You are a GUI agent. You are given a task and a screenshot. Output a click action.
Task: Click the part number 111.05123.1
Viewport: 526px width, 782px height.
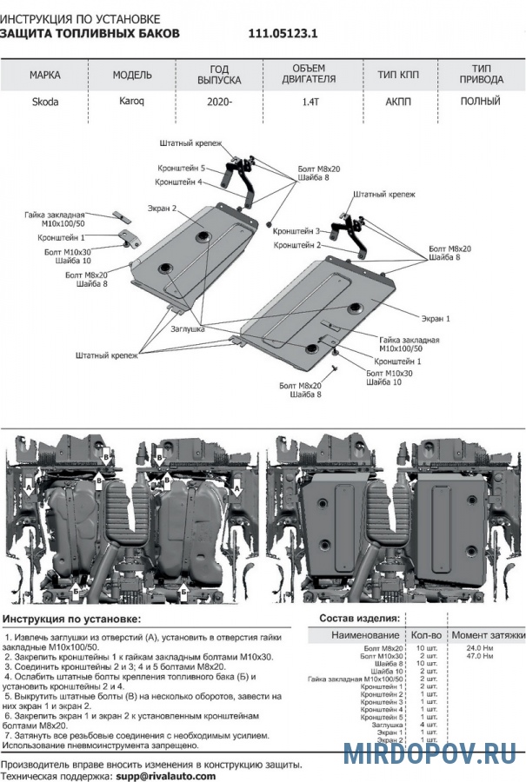283,33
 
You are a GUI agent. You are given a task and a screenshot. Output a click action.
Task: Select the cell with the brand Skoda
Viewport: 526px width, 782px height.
46,102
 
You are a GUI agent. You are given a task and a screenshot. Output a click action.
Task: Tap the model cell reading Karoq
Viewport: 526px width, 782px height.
132,102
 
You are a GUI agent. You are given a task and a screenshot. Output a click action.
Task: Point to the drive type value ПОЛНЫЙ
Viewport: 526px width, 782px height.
481,101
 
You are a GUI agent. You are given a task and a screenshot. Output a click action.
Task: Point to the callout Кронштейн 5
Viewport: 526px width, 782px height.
181,168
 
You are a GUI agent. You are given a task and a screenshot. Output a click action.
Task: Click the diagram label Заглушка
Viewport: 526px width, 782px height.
187,329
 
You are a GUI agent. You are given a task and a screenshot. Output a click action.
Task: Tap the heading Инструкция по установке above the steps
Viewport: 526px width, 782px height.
71,618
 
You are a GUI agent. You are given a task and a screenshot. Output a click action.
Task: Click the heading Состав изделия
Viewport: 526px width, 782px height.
359,618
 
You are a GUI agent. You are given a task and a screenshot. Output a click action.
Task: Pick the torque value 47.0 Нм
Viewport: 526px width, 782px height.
481,656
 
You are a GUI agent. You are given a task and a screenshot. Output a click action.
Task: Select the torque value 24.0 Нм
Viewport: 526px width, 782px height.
481,648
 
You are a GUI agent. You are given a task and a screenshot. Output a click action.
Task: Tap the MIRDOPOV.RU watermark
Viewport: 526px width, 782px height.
433,752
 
